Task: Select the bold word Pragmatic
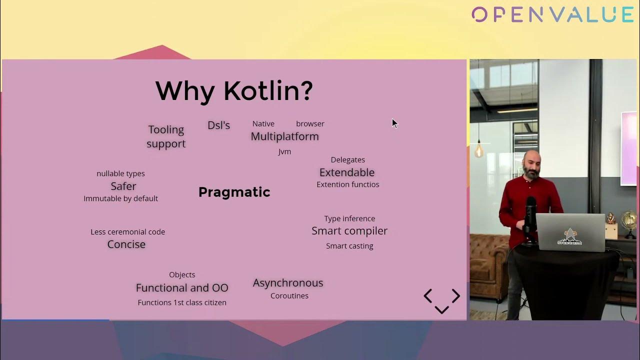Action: (x=234, y=192)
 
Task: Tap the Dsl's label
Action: (x=218, y=125)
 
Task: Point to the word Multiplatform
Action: (x=284, y=136)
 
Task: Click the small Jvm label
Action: (x=284, y=151)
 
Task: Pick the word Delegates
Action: (x=347, y=159)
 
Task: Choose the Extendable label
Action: (x=347, y=172)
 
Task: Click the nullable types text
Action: (x=120, y=173)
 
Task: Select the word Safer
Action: (x=123, y=186)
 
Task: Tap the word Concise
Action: (x=126, y=244)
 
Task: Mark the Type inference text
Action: (x=349, y=219)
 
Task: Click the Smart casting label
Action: (x=349, y=246)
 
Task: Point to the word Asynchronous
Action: (x=288, y=283)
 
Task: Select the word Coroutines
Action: (x=289, y=296)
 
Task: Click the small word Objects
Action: (x=182, y=275)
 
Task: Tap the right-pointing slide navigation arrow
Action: (x=456, y=295)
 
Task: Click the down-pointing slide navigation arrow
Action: (x=441, y=309)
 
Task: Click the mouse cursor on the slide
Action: (x=394, y=123)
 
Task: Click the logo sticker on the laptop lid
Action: (x=569, y=237)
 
